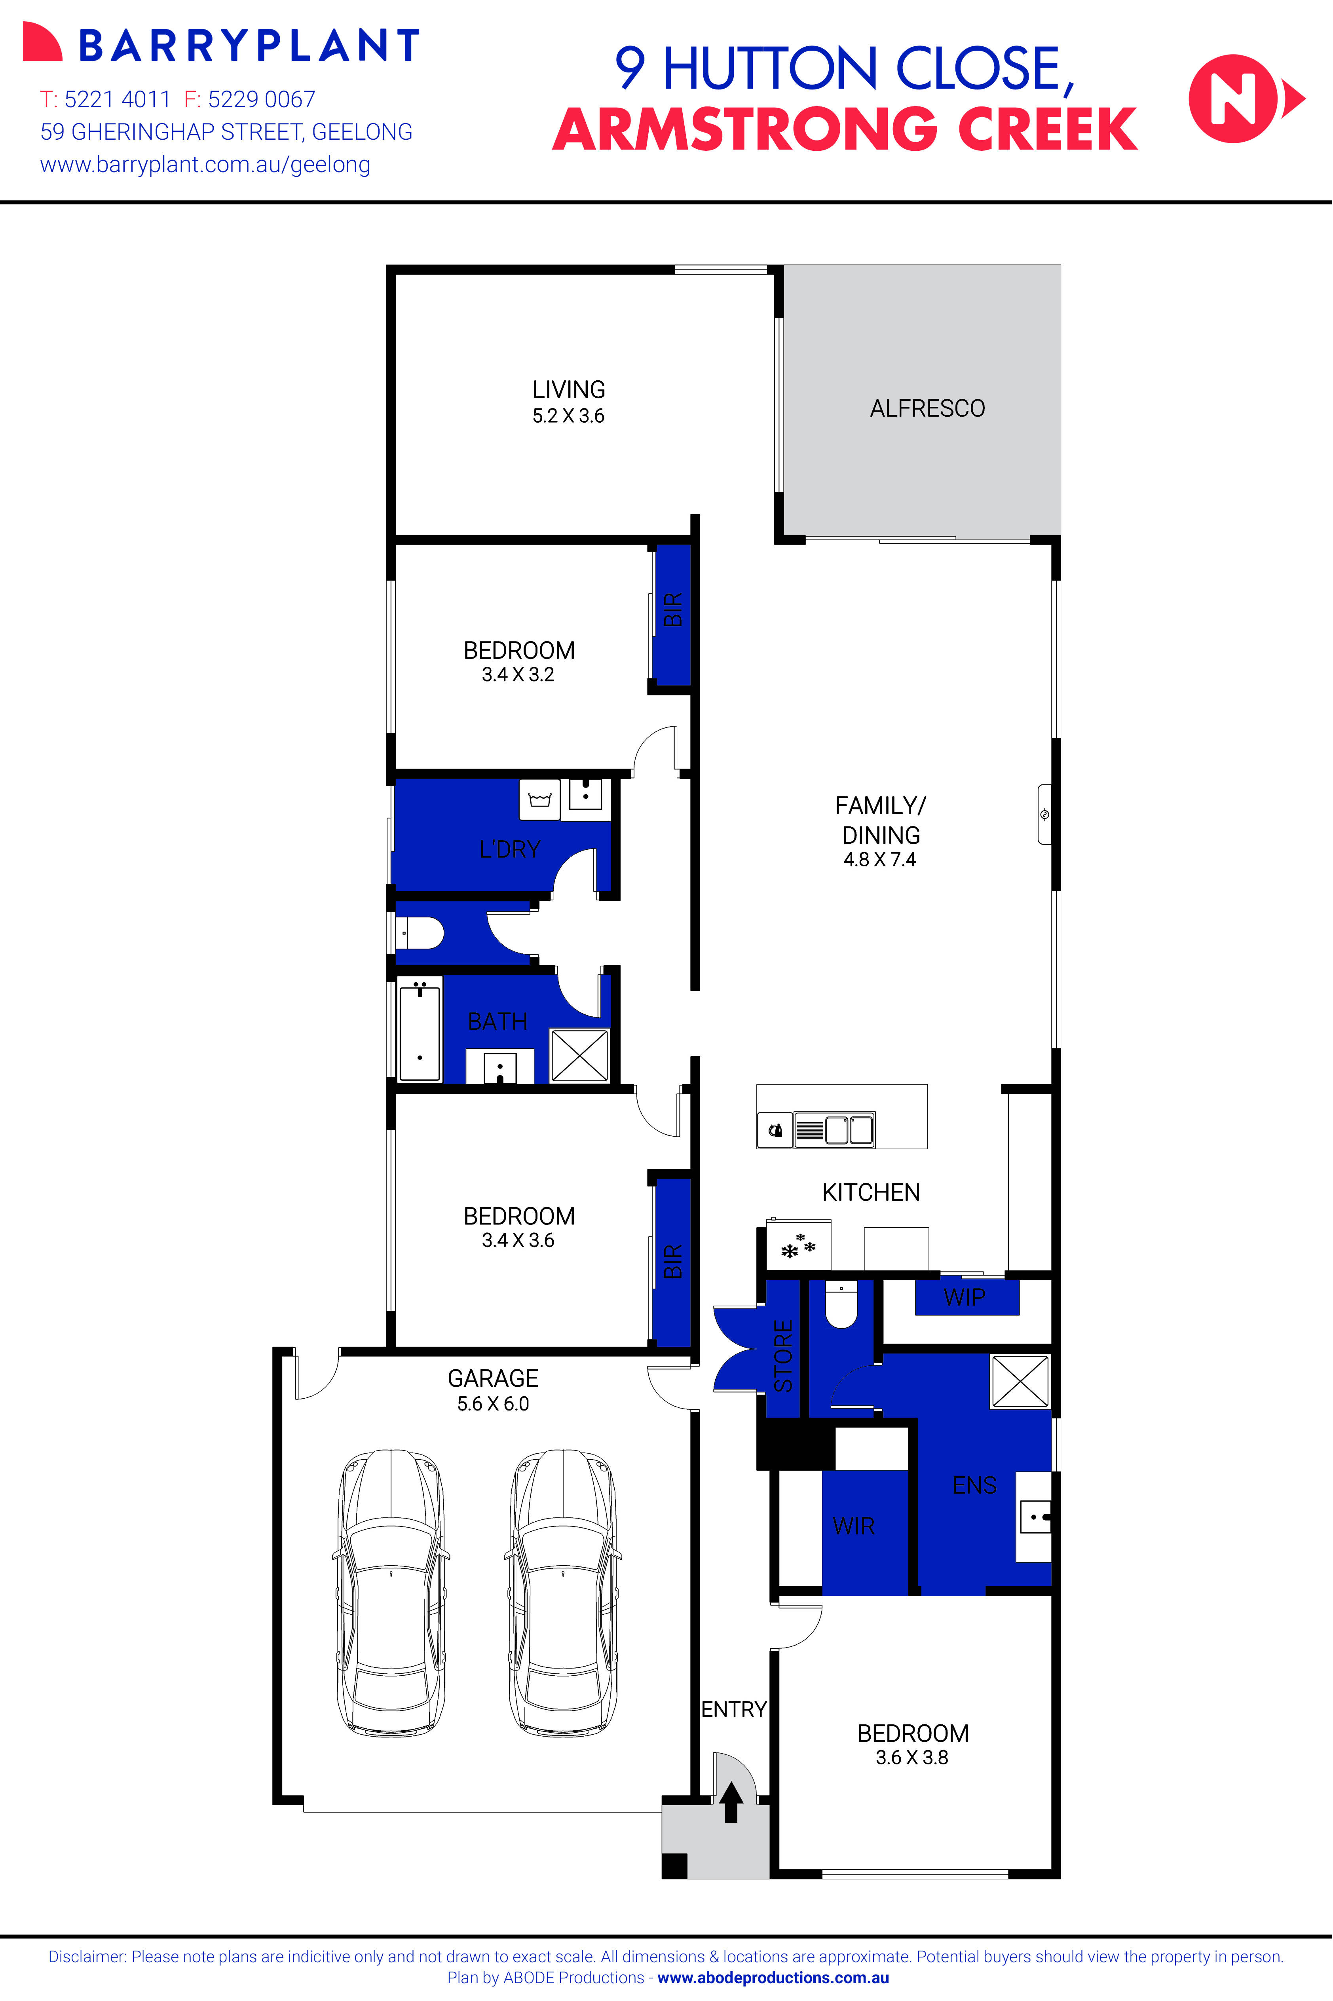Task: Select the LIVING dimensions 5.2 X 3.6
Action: (568, 416)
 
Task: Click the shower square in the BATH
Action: (579, 1055)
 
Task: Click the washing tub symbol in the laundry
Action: (540, 799)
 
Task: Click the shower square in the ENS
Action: (1019, 1381)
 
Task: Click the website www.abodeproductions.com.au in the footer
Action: (773, 1977)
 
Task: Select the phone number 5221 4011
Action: (117, 99)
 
